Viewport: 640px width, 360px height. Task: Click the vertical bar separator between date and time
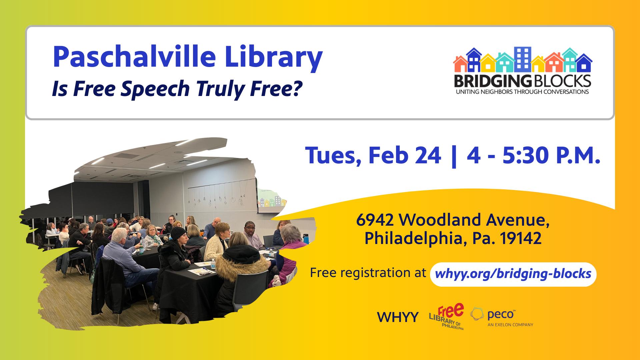(453, 156)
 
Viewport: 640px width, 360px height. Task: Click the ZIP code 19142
(523, 239)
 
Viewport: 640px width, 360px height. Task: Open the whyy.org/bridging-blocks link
(513, 274)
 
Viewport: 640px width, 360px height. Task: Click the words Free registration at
(368, 273)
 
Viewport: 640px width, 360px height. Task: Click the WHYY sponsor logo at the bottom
(398, 317)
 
